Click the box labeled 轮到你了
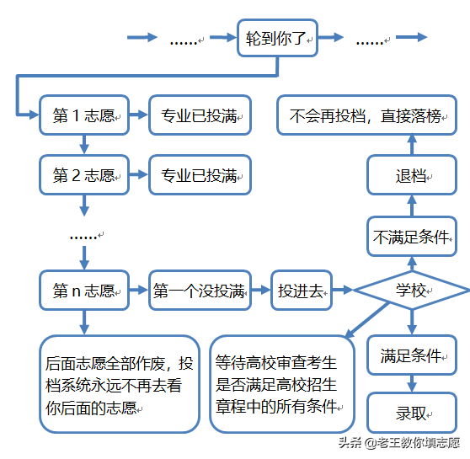click(278, 39)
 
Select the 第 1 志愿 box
click(83, 117)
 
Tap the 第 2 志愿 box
click(83, 175)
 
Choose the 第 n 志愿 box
click(83, 291)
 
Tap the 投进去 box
click(301, 291)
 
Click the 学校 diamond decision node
click(411, 291)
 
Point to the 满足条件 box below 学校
click(411, 355)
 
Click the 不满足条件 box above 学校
click(411, 237)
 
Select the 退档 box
click(411, 176)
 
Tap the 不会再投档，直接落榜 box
click(367, 116)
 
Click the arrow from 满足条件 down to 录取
click(411, 384)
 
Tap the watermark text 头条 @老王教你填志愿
click(399, 443)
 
